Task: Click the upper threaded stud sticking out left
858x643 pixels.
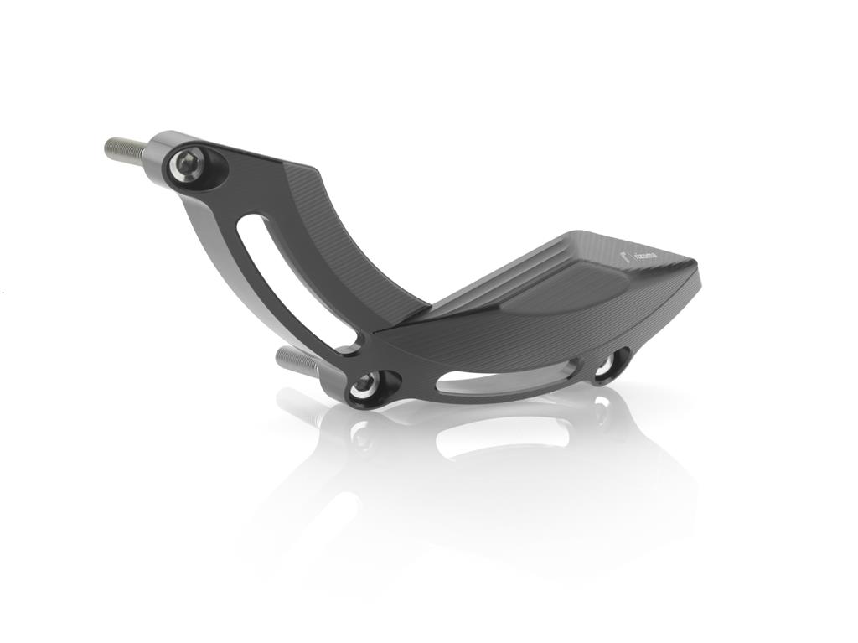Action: [123, 148]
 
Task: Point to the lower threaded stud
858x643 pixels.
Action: [295, 359]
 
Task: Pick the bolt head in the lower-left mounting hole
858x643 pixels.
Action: [365, 386]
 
